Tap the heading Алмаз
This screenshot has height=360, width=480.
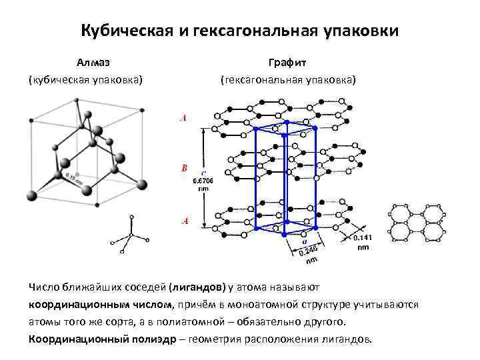pyautogui.click(x=93, y=63)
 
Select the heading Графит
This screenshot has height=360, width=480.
pyautogui.click(x=287, y=63)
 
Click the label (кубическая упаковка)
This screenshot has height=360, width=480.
pyautogui.click(x=85, y=80)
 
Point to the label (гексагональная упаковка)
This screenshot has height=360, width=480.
pyautogui.click(x=288, y=80)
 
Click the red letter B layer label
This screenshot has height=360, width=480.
pyautogui.click(x=185, y=168)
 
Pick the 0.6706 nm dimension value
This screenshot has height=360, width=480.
pyautogui.click(x=202, y=181)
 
